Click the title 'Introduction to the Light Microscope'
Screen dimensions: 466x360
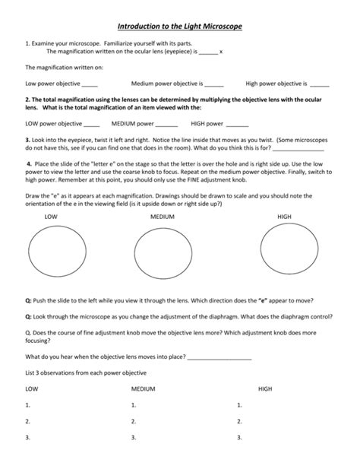coord(179,27)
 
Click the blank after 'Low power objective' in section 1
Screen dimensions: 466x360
coord(90,84)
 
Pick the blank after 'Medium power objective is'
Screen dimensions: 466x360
coord(214,84)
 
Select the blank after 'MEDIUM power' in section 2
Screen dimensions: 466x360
coord(166,123)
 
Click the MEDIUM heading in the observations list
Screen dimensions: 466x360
coord(143,388)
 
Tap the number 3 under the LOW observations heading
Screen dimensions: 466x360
coord(28,438)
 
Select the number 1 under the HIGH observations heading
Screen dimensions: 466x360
coord(239,405)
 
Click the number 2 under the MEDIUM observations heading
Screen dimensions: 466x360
coord(133,421)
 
